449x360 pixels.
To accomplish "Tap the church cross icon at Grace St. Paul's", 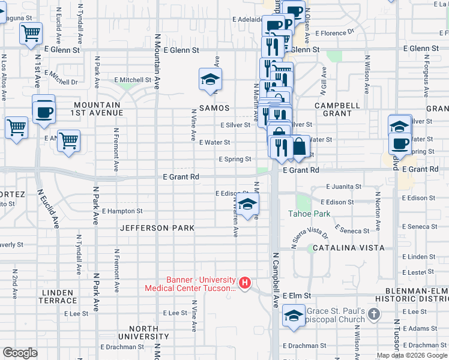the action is point(374,314).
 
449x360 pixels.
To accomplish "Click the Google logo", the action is point(20,353).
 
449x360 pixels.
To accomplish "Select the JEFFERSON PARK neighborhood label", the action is point(157,228).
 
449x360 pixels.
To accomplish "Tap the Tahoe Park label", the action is point(310,214).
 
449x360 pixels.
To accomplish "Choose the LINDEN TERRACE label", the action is point(58,296).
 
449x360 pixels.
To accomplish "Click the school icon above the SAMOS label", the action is point(211,80).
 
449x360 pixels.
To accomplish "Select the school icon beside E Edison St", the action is point(247,205).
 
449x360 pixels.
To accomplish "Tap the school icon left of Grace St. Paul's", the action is point(294,317).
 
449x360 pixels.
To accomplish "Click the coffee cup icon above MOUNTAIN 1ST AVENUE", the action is point(44,111).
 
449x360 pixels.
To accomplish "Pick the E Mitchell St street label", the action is point(133,80).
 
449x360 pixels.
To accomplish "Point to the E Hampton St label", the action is point(122,211).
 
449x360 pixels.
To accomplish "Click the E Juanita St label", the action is point(341,187).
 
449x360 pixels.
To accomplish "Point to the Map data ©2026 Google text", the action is point(411,355).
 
